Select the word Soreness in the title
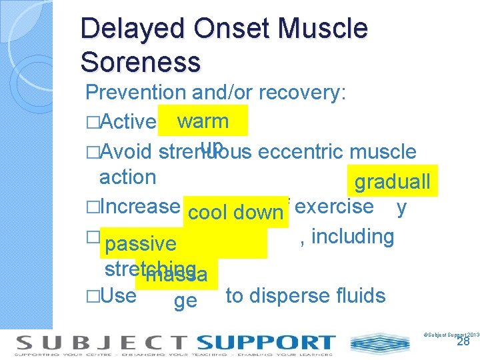click(x=140, y=62)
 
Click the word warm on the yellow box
click(x=203, y=121)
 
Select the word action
click(x=127, y=177)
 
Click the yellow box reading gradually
click(x=392, y=182)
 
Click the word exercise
click(x=334, y=206)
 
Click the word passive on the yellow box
click(x=140, y=244)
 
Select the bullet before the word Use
click(x=92, y=296)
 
